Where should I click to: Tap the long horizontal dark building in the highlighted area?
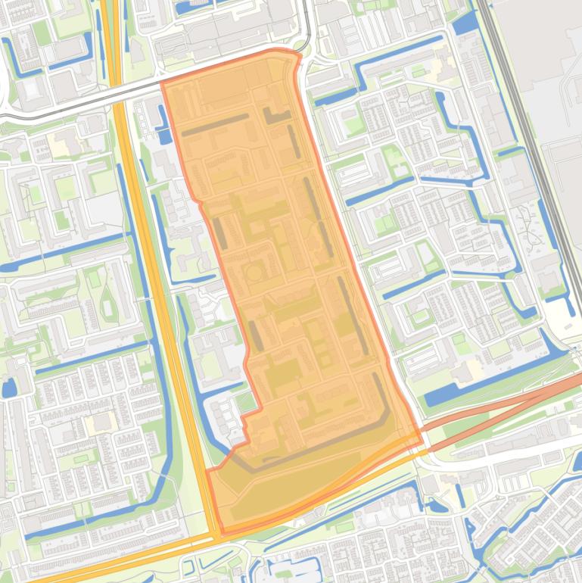(215, 125)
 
